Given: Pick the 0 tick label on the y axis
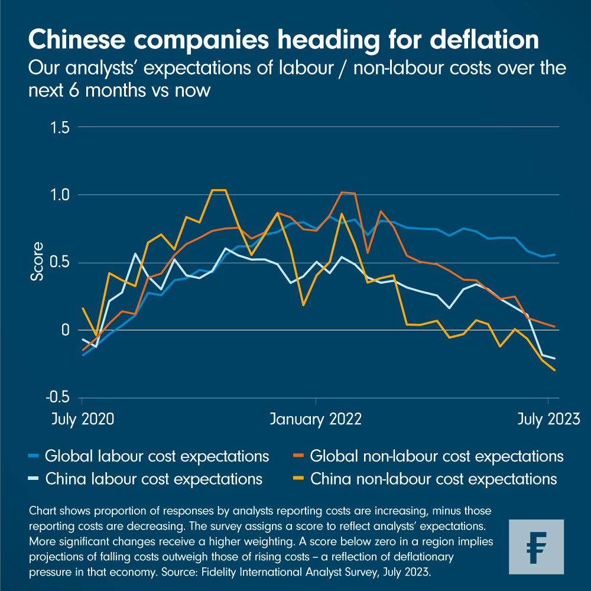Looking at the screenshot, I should [x=66, y=330].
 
